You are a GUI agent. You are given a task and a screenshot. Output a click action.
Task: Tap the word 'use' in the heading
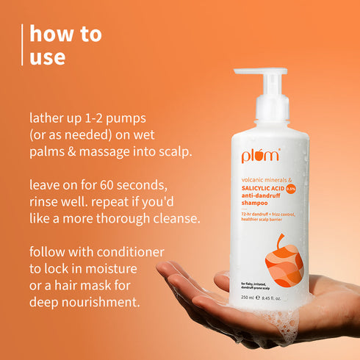tap(48, 57)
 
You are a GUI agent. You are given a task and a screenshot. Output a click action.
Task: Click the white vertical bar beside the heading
tap(24, 45)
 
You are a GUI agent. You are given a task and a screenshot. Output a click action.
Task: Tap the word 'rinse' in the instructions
tap(47, 202)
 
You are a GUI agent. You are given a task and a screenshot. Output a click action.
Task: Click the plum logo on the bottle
tap(257, 154)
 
